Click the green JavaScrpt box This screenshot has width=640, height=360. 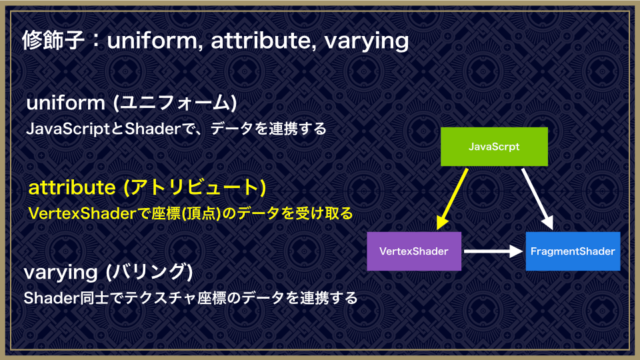(494, 147)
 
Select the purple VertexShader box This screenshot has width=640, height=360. (414, 251)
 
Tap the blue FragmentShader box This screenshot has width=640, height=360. (573, 251)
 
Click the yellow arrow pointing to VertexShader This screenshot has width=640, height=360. (452, 199)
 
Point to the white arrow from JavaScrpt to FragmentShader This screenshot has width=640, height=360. (538, 199)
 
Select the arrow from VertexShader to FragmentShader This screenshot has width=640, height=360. (493, 251)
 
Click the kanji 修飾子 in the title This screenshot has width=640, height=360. (53, 40)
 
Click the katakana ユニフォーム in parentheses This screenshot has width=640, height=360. (175, 102)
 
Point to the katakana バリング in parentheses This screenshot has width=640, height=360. (149, 272)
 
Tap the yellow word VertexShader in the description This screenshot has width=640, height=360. (81, 213)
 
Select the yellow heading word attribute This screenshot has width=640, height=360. (72, 187)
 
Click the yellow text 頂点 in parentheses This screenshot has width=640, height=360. (201, 213)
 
